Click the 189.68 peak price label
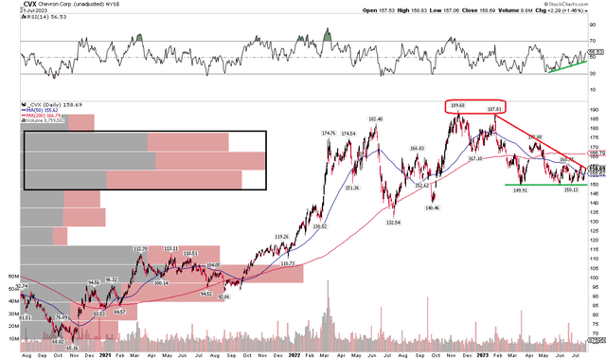pyautogui.click(x=459, y=105)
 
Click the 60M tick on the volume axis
pyautogui.click(x=13, y=278)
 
